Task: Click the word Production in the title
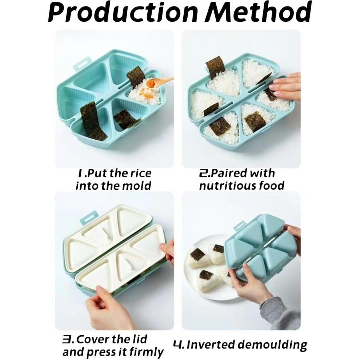click(123, 12)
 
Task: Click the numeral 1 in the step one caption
click(80, 173)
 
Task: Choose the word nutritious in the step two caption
click(227, 185)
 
